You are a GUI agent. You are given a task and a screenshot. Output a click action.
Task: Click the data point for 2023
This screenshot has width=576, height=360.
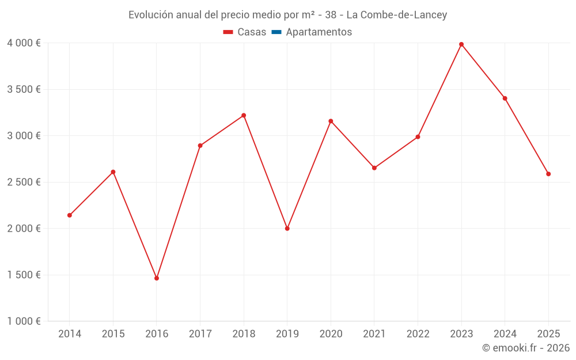click(x=461, y=44)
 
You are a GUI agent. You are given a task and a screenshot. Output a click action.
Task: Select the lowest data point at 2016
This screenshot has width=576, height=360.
click(x=157, y=278)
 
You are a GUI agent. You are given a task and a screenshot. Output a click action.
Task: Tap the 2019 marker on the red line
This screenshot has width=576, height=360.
click(x=287, y=229)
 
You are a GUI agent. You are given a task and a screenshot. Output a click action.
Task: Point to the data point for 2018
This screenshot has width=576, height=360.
click(x=244, y=115)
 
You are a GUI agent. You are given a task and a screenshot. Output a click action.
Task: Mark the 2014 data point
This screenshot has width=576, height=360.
click(x=70, y=215)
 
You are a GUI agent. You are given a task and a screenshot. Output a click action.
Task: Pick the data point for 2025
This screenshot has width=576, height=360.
click(x=548, y=174)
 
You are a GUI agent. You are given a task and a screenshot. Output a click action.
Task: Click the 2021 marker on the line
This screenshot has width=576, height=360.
click(x=374, y=168)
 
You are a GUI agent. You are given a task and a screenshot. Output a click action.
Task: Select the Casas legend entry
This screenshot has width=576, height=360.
click(x=245, y=32)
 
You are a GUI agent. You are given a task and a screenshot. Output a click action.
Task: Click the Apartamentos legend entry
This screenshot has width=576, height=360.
click(x=318, y=32)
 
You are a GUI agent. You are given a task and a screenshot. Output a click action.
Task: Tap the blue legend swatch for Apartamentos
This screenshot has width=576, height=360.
click(x=276, y=32)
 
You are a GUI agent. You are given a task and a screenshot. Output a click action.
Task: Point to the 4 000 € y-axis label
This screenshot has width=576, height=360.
click(x=24, y=43)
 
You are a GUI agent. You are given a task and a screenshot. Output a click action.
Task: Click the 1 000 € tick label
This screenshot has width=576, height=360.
click(x=24, y=321)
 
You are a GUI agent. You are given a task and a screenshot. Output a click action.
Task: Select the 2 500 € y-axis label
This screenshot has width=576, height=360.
click(x=24, y=182)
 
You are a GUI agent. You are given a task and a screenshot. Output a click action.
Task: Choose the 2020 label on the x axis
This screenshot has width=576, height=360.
click(x=331, y=334)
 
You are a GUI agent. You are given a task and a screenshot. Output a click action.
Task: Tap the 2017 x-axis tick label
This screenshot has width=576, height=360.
click(x=200, y=334)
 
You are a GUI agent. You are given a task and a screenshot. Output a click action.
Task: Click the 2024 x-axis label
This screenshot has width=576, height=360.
click(x=505, y=334)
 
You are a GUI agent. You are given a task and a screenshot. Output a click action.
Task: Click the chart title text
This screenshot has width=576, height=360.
click(x=287, y=15)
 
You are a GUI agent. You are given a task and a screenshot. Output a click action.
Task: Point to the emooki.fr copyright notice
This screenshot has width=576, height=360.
click(x=525, y=348)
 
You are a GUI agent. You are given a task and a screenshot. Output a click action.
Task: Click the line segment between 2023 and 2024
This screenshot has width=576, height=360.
click(x=483, y=71)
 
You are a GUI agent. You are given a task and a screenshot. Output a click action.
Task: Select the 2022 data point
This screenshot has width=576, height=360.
click(x=418, y=137)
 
